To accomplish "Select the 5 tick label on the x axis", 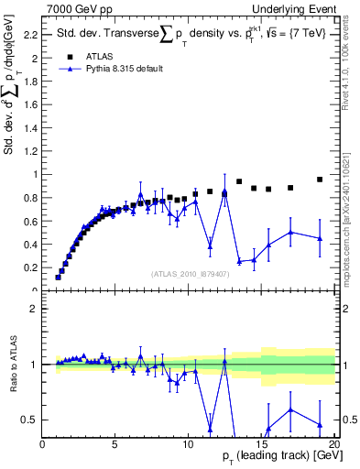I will point(115,444).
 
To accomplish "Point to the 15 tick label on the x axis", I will point(261,444).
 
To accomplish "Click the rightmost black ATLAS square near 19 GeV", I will point(320,180).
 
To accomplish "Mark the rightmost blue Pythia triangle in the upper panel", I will point(320,238).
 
